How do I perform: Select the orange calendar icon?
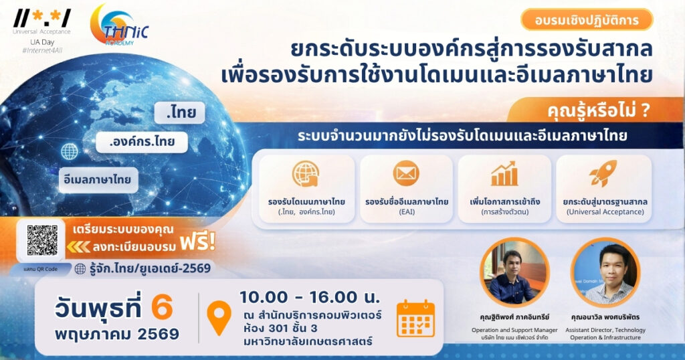click(415, 318)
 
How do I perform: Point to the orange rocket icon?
click(603, 173)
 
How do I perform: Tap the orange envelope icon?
click(406, 173)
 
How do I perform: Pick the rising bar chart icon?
click(504, 173)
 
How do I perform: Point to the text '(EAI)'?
click(406, 212)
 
